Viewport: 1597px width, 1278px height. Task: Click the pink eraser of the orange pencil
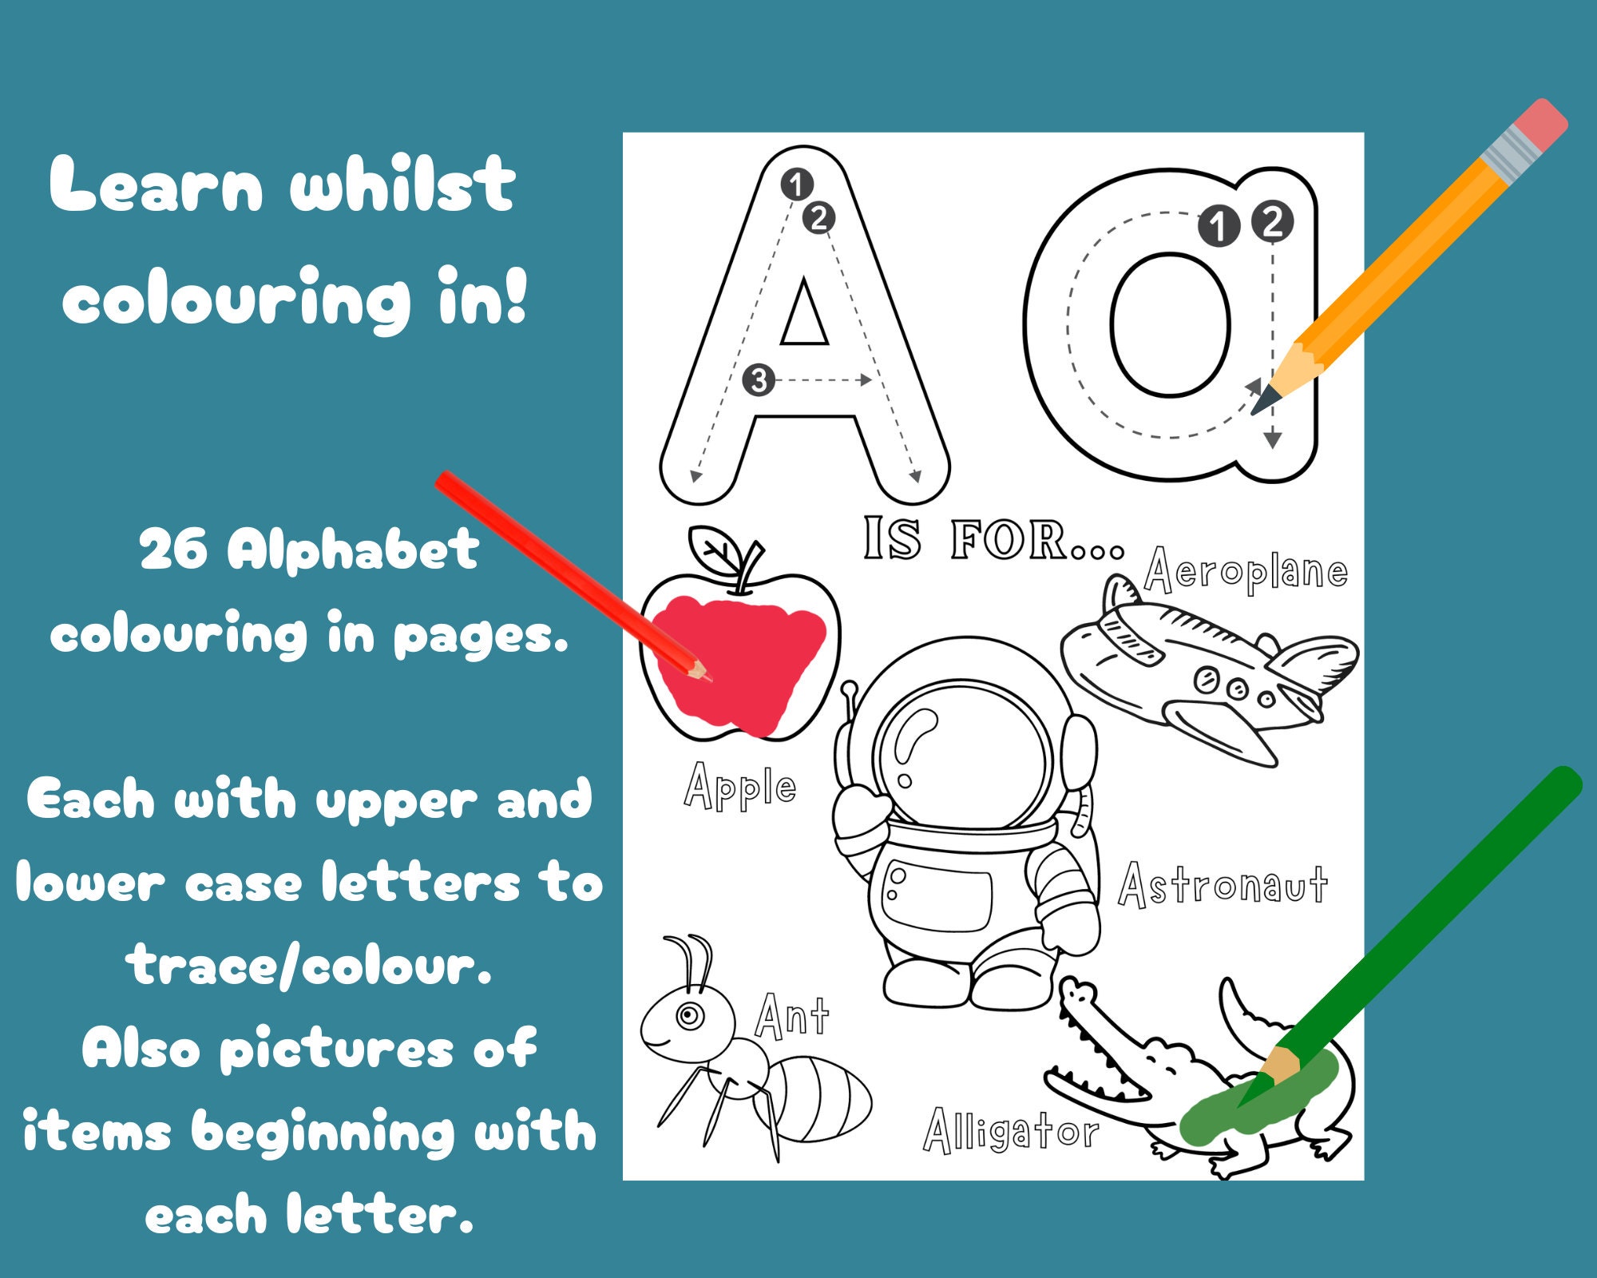(x=1539, y=125)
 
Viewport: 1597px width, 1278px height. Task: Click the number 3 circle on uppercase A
(x=758, y=380)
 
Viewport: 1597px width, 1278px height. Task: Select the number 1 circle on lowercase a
(x=1218, y=226)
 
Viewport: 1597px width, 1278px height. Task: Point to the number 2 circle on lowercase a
(x=1272, y=221)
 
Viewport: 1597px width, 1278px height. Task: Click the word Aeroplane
(x=1246, y=572)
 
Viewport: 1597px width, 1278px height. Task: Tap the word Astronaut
(x=1223, y=886)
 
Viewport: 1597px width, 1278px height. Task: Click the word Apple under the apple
(x=740, y=787)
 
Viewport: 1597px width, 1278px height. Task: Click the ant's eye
(x=688, y=1016)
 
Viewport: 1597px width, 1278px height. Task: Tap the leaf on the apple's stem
(x=715, y=551)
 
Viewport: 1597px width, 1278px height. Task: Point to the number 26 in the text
(x=173, y=550)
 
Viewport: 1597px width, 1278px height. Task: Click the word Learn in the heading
(x=156, y=186)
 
